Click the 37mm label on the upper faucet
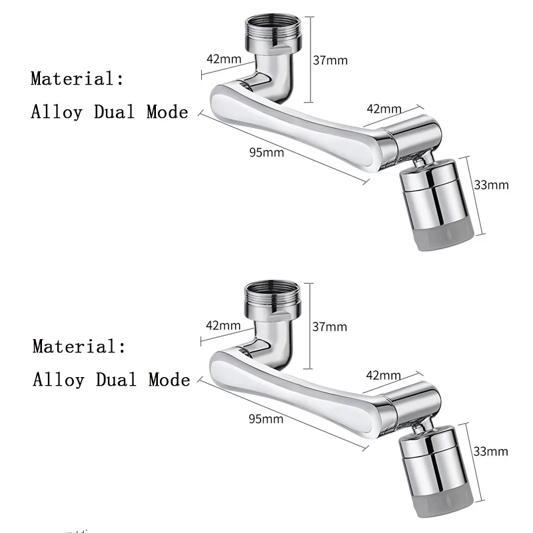330,60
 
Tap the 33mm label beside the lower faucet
490,452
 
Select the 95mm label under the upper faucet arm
266,152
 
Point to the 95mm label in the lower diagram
266,419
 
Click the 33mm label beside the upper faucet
491,185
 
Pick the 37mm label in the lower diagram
330,326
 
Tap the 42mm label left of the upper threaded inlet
224,58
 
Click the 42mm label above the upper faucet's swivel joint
382,109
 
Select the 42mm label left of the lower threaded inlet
223,326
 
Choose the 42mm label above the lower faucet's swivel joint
382,376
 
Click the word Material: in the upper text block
77,79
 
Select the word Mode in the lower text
169,380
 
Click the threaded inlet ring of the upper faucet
274,31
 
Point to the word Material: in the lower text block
79,346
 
